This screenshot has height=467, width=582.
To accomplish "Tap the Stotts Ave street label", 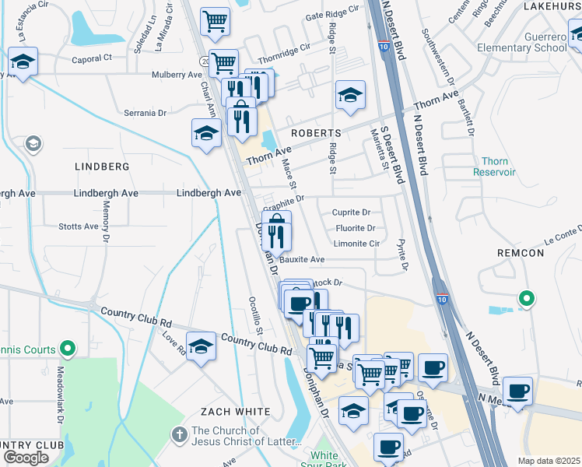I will [79, 226].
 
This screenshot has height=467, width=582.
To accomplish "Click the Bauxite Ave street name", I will [302, 259].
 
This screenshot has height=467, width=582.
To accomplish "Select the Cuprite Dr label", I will [351, 212].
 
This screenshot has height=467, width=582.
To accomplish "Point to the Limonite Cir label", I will [356, 243].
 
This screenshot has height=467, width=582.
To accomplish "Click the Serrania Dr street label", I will [145, 113].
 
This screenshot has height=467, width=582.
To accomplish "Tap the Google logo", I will [25, 458].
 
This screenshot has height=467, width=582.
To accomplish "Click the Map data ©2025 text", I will [549, 461].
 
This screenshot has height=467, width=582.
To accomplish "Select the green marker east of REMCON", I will [526, 297].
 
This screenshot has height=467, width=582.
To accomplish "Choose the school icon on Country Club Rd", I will [201, 346].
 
